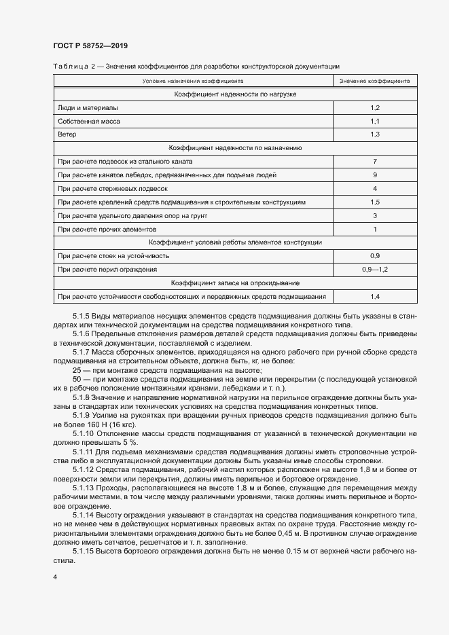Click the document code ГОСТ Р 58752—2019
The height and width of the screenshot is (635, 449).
pos(90,46)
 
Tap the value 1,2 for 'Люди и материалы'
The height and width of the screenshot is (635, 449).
pos(375,108)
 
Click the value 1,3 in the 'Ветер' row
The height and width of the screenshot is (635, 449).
pos(375,134)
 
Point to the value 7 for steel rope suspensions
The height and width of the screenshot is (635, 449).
pos(375,162)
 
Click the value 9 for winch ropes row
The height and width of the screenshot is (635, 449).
pos(375,175)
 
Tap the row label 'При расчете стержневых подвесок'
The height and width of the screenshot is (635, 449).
pos(112,188)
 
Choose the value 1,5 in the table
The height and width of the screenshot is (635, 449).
pos(375,202)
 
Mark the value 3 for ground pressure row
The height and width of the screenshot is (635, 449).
pos(375,215)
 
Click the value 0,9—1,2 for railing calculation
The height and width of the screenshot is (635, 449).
pos(375,270)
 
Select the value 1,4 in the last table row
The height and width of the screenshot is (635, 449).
pos(375,297)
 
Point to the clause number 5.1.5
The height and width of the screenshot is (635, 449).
pos(82,316)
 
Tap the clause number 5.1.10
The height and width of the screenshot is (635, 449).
pos(84,433)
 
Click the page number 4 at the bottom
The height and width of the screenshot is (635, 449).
pos(55,577)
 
